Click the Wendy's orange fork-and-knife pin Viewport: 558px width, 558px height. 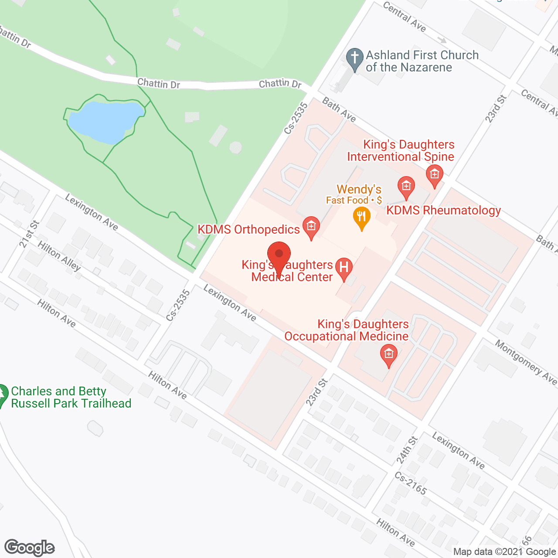tap(361, 218)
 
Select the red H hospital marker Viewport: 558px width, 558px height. tap(344, 268)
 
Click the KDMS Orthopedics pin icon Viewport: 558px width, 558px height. tap(311, 227)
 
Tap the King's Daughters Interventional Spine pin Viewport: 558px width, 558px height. tap(434, 175)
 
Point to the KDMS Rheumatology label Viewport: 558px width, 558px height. tap(443, 210)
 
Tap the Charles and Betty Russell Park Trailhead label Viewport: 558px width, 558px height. tap(71, 397)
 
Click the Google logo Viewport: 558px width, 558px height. tap(30, 548)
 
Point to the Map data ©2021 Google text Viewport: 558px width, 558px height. tap(504, 552)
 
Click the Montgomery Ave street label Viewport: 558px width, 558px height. tap(525, 362)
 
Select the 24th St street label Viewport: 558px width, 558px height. tap(407, 449)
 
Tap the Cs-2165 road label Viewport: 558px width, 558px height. tap(410, 483)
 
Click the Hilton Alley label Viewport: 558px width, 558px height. tap(59, 256)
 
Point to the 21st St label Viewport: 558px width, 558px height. tap(29, 234)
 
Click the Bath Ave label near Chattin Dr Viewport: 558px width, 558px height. tap(339, 109)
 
